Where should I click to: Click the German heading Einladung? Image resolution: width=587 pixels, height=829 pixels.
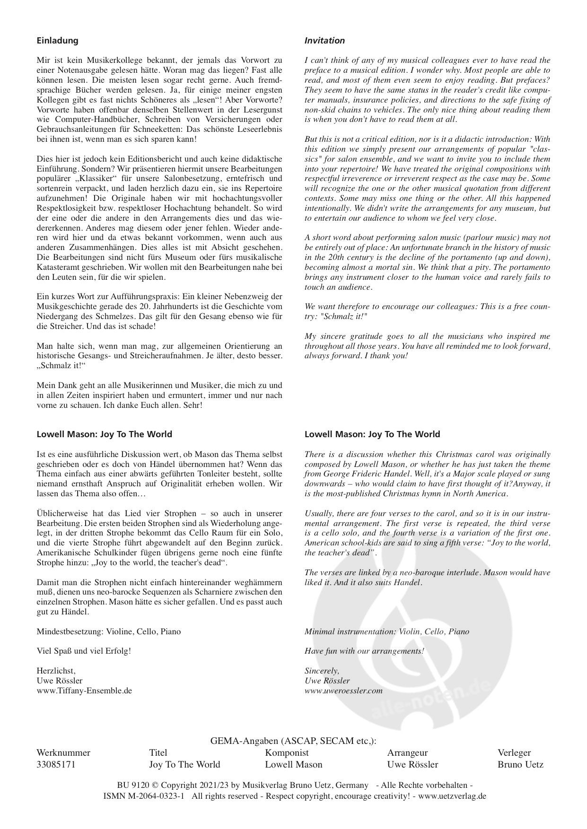click(x=57, y=41)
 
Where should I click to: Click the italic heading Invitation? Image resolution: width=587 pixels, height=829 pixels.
click(x=324, y=41)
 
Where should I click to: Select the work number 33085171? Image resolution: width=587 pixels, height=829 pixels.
click(x=56, y=764)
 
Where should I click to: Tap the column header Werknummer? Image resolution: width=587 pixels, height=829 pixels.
click(x=63, y=752)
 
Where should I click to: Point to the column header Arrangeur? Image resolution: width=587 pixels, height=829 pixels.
click(x=407, y=752)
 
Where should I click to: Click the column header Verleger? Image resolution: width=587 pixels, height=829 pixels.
click(x=514, y=752)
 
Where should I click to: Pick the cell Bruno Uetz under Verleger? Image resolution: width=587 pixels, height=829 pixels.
click(x=520, y=764)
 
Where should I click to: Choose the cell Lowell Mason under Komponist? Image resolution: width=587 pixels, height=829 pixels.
click(x=293, y=764)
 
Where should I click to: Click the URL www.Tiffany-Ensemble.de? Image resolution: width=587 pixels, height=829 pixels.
click(x=84, y=691)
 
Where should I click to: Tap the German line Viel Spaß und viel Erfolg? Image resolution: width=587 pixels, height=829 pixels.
click(x=84, y=651)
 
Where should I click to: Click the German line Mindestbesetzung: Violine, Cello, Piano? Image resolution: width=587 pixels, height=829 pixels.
click(x=108, y=631)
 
